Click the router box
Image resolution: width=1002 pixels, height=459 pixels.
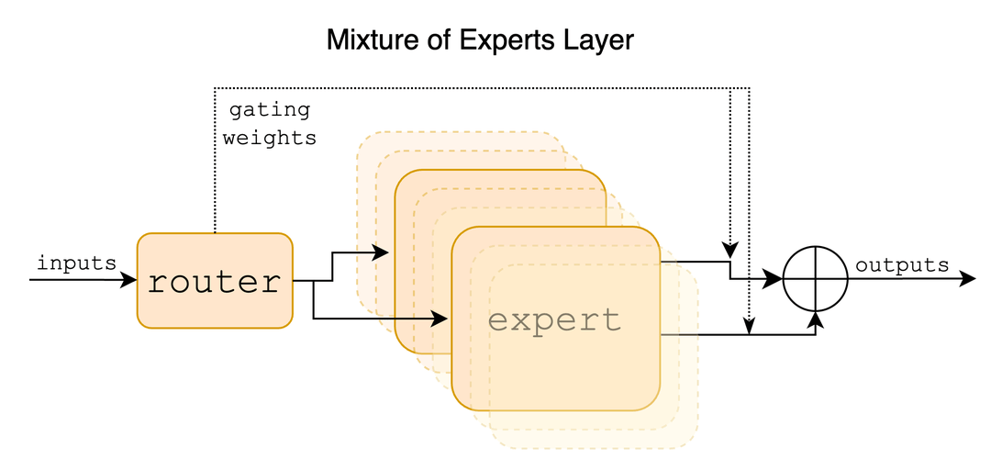[x=215, y=280]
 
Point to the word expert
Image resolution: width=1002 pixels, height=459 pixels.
[x=554, y=320]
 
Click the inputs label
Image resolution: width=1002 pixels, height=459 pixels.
[x=76, y=263]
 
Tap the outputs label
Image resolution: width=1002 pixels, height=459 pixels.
[x=902, y=265]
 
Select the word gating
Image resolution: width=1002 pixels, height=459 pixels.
[x=269, y=110]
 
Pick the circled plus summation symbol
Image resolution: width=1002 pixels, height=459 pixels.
[x=816, y=279]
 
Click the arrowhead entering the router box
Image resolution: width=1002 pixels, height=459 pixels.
[x=129, y=279]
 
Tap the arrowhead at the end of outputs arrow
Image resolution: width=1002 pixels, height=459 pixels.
[x=967, y=279]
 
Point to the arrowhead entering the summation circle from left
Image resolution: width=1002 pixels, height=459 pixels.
[x=776, y=279]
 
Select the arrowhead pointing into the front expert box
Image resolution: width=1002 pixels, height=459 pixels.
[x=441, y=319]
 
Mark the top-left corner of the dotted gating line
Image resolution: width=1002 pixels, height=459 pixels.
[x=215, y=88]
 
